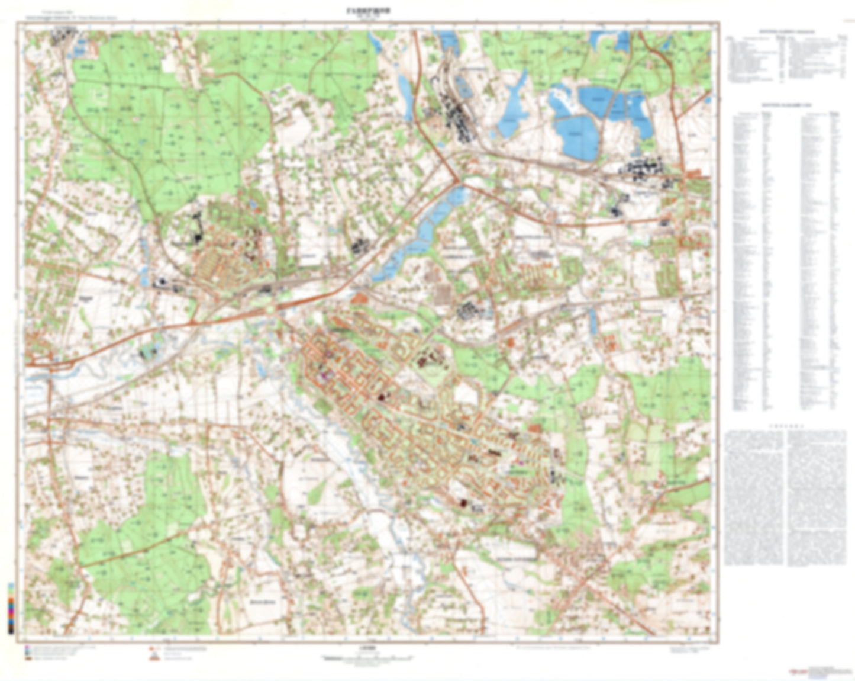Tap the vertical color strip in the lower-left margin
[11, 608]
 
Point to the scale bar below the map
[367, 658]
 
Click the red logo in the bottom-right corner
[796, 671]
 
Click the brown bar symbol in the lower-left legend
[28, 658]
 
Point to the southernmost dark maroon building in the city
[463, 503]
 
